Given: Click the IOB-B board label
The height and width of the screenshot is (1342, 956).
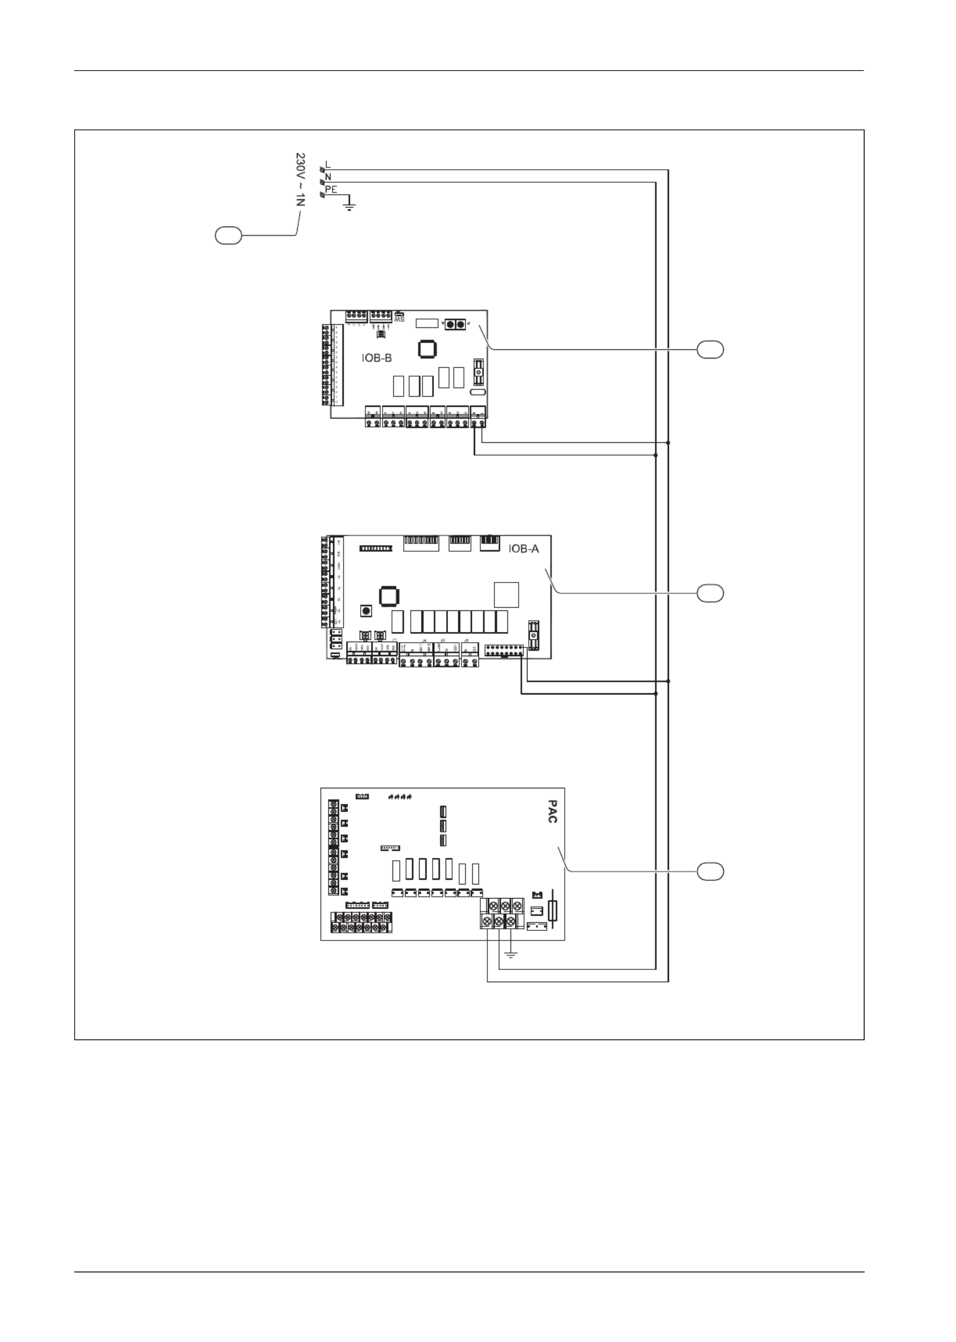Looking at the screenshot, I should click(377, 357).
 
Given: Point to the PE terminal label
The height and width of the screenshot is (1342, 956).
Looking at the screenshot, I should click(331, 189).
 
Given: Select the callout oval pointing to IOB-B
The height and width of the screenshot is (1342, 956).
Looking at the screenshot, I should click(710, 350).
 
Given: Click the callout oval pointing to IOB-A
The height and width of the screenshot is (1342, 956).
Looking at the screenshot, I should click(710, 593).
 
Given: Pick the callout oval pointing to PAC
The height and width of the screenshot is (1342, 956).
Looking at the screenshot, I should click(710, 871).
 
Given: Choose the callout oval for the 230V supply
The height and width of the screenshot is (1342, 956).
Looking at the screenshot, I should click(228, 235).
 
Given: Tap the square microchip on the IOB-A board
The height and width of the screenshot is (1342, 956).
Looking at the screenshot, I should click(390, 596).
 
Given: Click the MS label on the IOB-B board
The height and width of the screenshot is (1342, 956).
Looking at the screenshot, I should click(399, 319).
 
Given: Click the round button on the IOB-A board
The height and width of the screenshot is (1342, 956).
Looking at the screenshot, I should click(366, 611).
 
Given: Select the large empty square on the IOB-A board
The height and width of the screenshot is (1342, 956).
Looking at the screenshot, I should click(506, 594).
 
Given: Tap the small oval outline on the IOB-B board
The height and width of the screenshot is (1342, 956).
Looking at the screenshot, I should click(477, 392).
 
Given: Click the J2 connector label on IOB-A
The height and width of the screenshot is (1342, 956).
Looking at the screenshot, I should click(466, 640).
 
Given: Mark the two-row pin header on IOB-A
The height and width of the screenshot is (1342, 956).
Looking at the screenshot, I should click(503, 650).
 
